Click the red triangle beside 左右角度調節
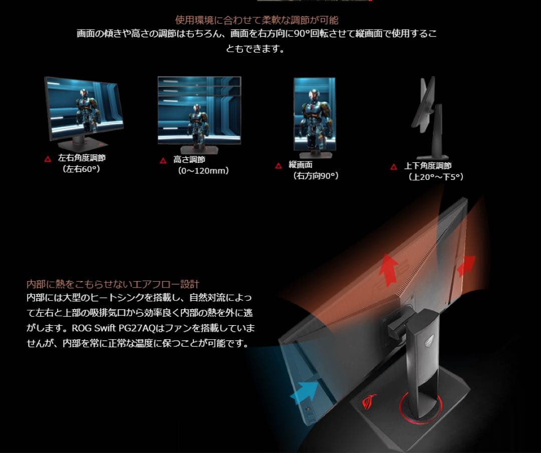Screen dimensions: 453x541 point(48,158)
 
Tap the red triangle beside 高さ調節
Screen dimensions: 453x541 point(163,160)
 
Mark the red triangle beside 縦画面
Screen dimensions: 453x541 point(279,165)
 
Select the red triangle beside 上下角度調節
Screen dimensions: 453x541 point(394,167)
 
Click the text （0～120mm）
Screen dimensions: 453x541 point(203,171)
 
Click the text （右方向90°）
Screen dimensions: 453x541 point(316,176)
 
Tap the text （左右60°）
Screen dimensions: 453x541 point(82,169)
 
